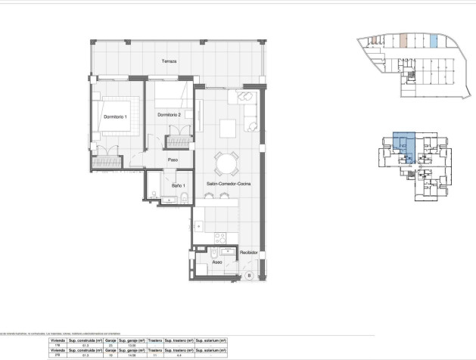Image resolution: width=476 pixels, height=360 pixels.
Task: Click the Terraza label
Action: point(169,61)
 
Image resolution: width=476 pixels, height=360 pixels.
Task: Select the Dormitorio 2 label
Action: point(170,115)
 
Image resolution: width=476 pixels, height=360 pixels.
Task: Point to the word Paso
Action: point(173,160)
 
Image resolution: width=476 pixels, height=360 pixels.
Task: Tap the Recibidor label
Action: point(250,253)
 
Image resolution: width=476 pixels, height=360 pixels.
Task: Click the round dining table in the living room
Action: point(226,163)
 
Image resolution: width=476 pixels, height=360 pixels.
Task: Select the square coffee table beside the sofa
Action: point(228,126)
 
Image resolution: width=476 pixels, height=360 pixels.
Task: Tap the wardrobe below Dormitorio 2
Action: point(179,142)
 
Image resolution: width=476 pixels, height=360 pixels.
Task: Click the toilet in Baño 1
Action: point(183,199)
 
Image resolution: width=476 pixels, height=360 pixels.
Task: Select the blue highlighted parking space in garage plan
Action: point(434,41)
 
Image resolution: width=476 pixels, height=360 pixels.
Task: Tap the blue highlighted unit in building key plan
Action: point(401,144)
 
